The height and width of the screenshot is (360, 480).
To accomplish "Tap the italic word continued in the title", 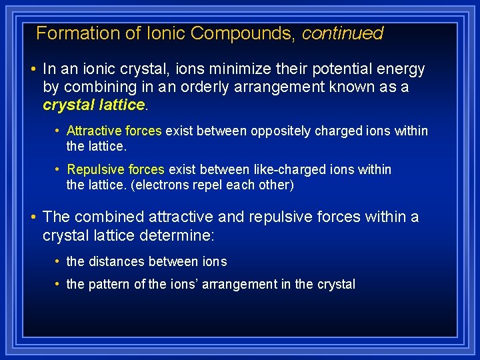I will pos(343,33).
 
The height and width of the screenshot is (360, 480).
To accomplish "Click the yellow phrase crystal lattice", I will pos(94,105).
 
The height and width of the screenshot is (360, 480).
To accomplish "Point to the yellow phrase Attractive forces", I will pos(114,131).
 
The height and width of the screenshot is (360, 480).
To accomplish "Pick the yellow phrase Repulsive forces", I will pos(115,170).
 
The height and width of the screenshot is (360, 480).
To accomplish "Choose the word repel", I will pos(208,185).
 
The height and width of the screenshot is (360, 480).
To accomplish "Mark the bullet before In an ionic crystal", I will pos(33,69).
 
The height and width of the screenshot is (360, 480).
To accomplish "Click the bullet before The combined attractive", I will pos(33,217).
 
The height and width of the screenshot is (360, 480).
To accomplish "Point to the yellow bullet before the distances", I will pos(59,262).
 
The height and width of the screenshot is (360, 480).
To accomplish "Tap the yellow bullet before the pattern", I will pos(59,285).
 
